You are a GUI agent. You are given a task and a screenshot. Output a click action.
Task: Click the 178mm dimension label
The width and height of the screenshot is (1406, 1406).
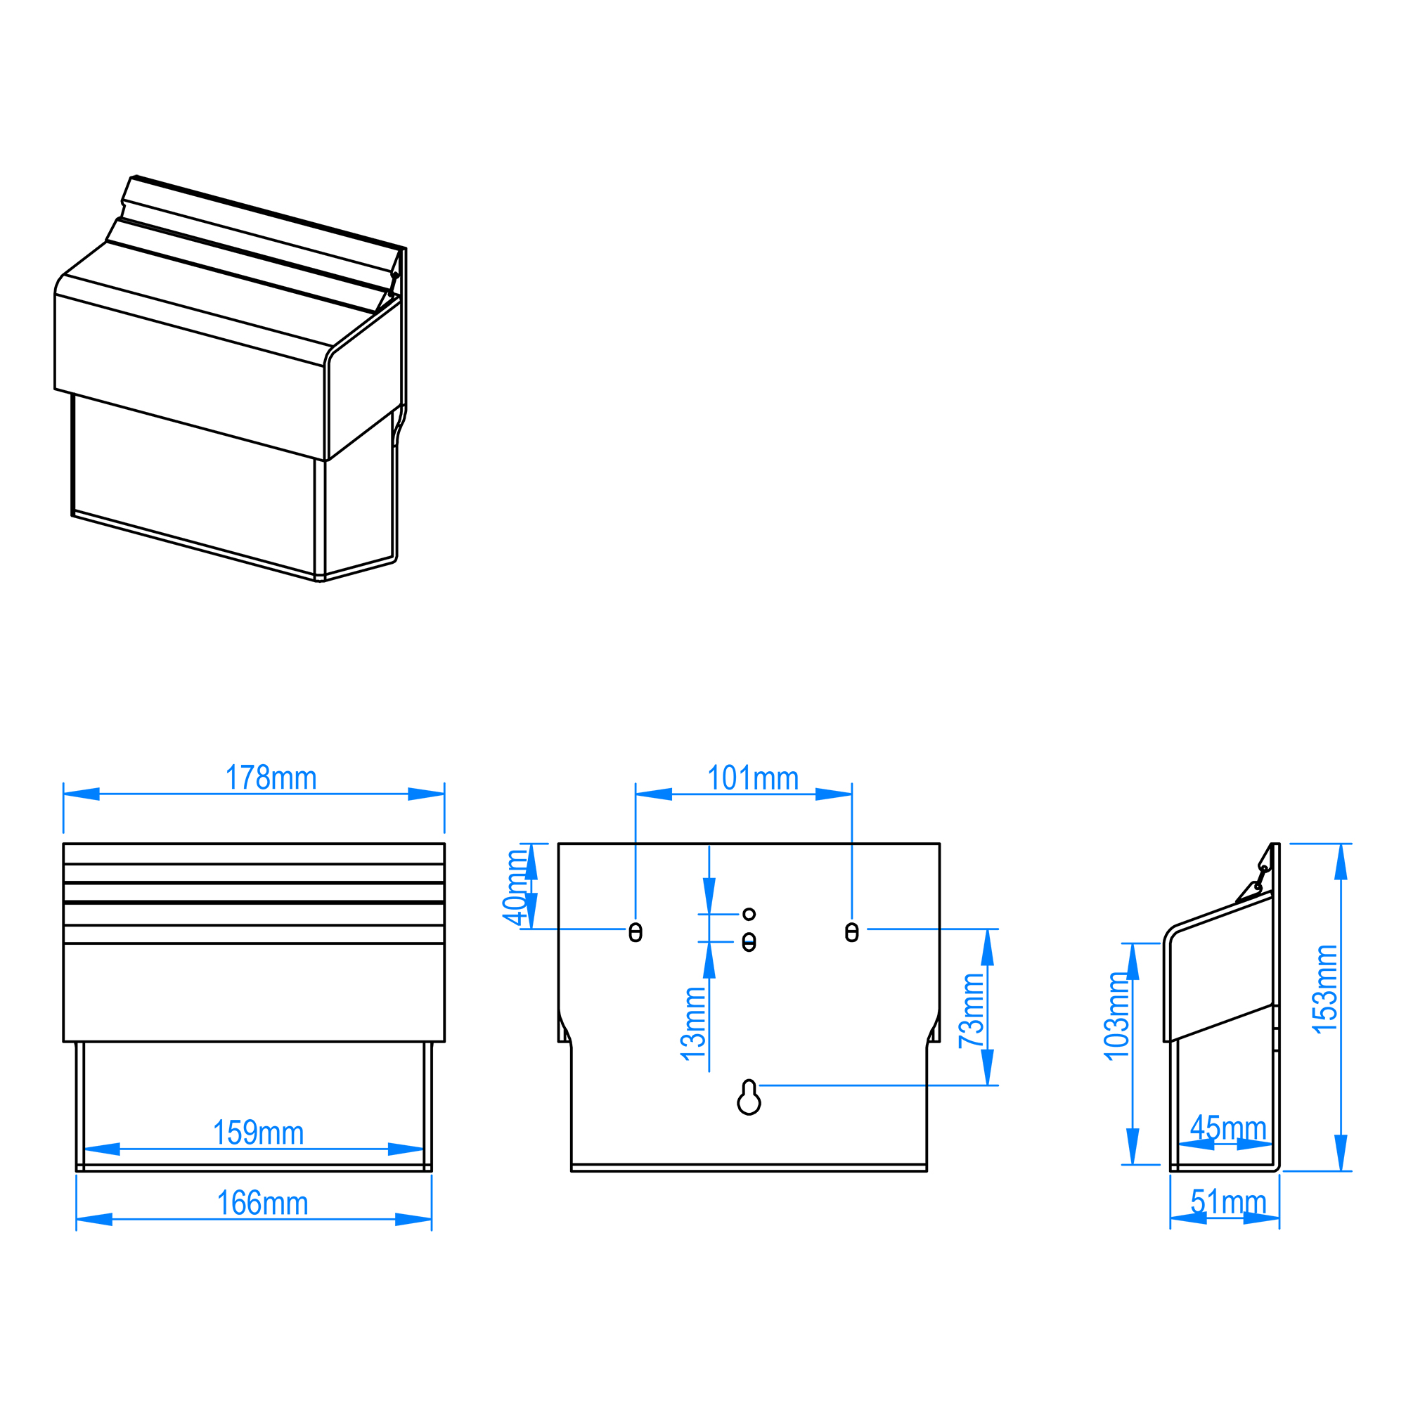pos(271,778)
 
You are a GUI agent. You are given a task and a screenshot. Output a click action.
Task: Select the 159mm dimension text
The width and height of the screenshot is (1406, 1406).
pos(258,1133)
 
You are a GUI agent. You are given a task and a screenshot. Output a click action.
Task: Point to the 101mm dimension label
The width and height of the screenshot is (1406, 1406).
pos(753,778)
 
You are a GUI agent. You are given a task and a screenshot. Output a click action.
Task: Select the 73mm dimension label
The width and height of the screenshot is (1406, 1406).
pos(972,1011)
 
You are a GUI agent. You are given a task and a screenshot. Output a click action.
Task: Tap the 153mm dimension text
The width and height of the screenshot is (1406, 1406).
pos(1324,988)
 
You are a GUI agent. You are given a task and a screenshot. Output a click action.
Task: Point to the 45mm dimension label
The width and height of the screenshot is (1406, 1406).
pos(1228,1128)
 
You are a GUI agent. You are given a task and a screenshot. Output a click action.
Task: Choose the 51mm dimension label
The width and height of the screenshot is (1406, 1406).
pos(1228,1201)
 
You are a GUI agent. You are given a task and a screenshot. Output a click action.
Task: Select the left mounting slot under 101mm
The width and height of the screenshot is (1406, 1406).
pos(636,932)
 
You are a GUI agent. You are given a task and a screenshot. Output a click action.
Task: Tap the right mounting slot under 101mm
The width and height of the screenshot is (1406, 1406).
pos(851,932)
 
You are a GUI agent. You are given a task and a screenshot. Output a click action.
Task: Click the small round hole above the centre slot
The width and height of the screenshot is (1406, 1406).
pos(749,914)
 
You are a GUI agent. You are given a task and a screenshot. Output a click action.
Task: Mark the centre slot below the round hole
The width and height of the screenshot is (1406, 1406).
pos(749,943)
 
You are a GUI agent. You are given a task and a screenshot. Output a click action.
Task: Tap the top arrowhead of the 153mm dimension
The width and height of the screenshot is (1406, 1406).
pos(1341,862)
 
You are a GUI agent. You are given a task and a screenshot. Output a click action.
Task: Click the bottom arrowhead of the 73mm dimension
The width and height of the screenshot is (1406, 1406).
pos(988,1067)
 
